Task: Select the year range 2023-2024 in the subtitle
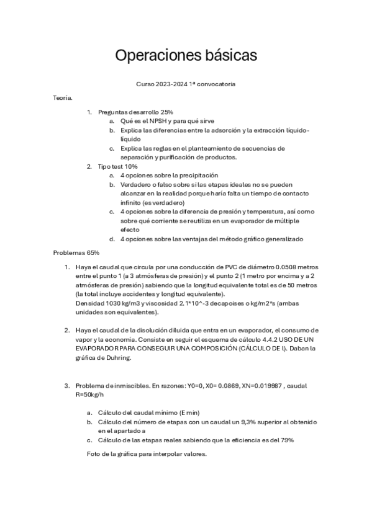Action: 180,83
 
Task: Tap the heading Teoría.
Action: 63,97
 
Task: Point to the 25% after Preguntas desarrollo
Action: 165,112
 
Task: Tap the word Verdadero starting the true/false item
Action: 137,185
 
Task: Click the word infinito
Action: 132,203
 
